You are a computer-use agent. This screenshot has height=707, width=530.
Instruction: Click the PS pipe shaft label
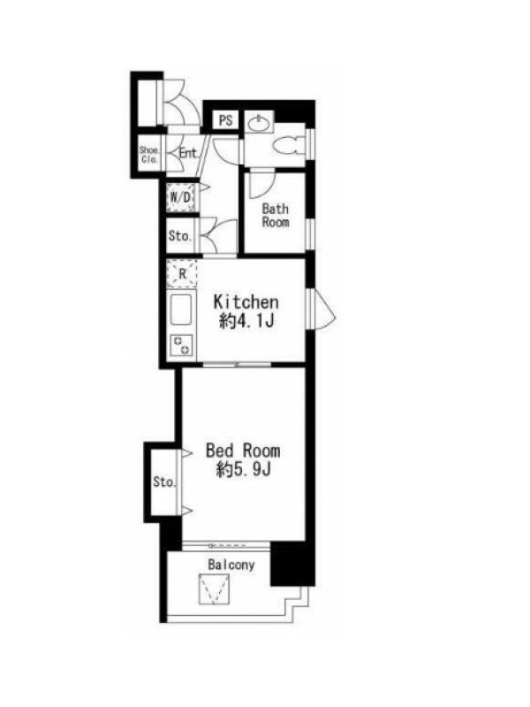pos(225,120)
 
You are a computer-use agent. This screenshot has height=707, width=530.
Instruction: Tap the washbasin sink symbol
pos(259,123)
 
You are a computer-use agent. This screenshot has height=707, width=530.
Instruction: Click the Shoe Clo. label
pos(148,155)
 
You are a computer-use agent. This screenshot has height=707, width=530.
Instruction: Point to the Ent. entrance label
pos(188,153)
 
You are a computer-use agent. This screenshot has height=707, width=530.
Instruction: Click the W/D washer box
pos(181,197)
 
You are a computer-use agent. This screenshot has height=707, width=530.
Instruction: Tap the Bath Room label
pos(276,216)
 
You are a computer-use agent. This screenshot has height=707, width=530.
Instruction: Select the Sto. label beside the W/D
pos(180,235)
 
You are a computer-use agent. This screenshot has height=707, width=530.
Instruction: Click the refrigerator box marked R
pos(182,274)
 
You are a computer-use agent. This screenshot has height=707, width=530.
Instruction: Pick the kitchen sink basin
pos(181,309)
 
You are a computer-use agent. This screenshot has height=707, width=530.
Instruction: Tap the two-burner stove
pos(181,345)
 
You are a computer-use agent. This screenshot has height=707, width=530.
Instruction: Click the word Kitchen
pos(246,301)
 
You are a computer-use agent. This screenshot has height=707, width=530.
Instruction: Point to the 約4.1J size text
pos(246,321)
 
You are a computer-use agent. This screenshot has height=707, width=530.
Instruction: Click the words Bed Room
pos(243,451)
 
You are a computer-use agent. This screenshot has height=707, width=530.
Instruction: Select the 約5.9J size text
pos(243,470)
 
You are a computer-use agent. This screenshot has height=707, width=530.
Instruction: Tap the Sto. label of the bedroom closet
pos(164,482)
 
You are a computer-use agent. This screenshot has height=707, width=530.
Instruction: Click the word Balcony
pos(231,565)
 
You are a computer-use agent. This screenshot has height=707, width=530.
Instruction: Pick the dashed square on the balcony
pos(215,589)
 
